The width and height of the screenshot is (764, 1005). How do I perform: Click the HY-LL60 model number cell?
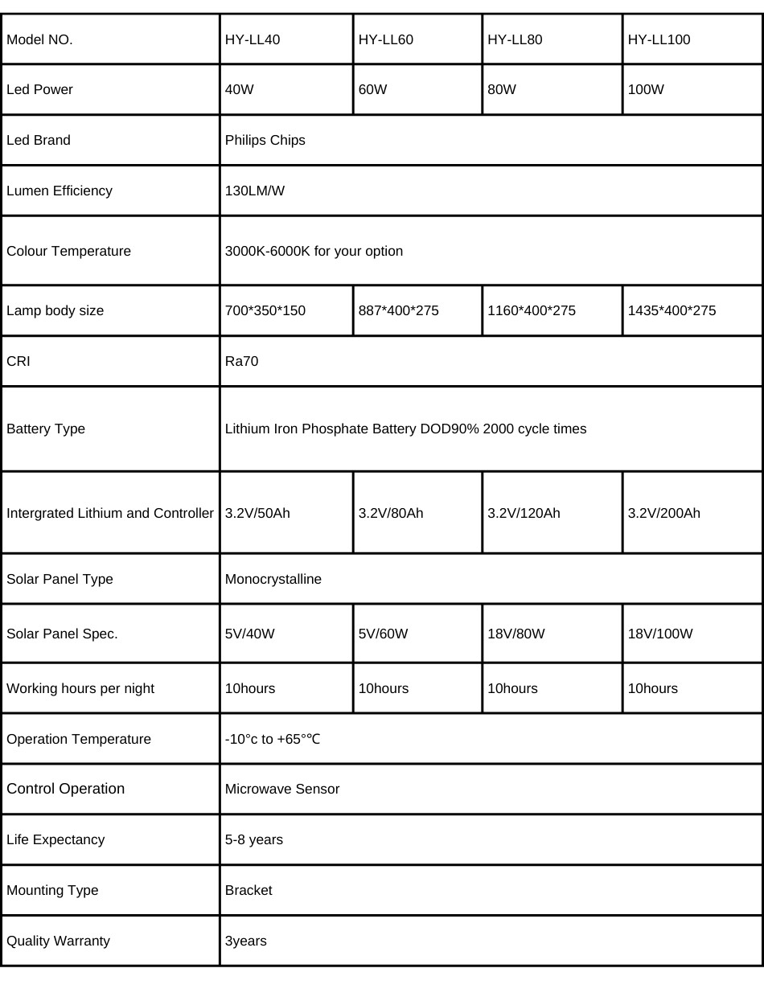pos(386,39)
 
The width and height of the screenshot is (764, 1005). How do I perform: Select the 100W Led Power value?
pos(646,89)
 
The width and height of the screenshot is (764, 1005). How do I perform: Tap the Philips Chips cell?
pos(265,140)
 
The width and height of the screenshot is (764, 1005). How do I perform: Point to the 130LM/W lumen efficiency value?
pos(255,191)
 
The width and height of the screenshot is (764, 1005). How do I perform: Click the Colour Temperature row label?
pos(68,251)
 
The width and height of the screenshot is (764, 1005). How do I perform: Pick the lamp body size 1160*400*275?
pos(532,310)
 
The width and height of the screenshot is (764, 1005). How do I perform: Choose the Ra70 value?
pos(242,361)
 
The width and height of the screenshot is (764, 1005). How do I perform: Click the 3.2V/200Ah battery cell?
pos(664,513)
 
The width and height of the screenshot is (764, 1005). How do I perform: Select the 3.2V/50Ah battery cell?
pos(257,513)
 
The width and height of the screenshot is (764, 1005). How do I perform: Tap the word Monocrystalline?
pos(273,579)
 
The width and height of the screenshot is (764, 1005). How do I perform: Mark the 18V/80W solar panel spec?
pos(516,634)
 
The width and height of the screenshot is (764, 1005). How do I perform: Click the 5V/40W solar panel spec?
pos(250,634)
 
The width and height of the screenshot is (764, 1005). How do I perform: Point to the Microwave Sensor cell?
pos(282,789)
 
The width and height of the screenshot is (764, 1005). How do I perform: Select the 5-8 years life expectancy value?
pos(254,839)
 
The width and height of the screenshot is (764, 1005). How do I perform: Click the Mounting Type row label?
pos(52,890)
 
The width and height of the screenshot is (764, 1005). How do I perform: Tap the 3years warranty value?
pos(246,941)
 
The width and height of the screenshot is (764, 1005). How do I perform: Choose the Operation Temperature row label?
pos(79,739)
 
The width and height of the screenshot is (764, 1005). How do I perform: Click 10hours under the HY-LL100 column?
pos(653,688)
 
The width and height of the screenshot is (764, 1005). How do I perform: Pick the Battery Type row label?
pos(46,429)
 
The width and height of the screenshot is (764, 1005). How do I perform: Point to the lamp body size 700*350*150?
pos(265,310)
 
